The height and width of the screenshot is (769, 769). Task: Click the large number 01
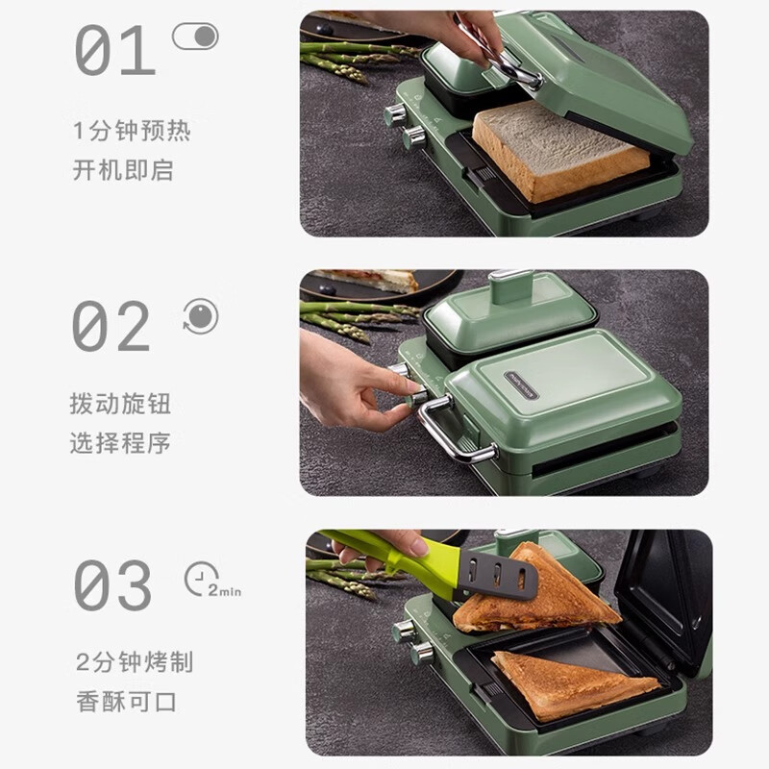coord(114,51)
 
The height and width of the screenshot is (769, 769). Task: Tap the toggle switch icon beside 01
coord(195,37)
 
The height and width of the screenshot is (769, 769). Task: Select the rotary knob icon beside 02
coord(201,316)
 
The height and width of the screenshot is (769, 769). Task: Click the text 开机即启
coord(123,171)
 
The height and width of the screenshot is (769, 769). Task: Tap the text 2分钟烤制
coord(135,661)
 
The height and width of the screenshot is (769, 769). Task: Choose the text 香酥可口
coord(126,702)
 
